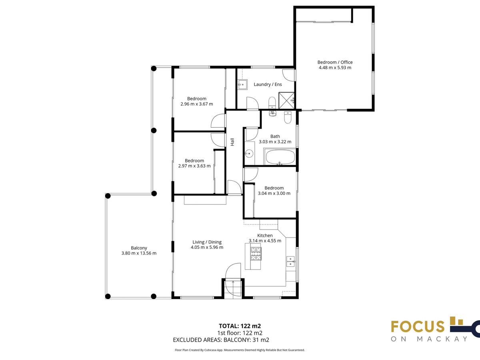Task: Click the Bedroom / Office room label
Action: click(335, 62)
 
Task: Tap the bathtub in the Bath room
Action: click(280, 157)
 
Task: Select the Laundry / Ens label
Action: click(268, 84)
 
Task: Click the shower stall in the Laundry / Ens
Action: click(286, 100)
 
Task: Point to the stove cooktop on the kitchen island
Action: click(256, 254)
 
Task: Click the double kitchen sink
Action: click(290, 262)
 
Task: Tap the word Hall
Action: click(232, 142)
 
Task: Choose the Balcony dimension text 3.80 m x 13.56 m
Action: click(139, 253)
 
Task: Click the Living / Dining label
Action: click(207, 242)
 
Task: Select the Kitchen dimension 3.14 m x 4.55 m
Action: click(265, 241)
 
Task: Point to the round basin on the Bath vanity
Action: click(249, 154)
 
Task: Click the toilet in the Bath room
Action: click(288, 117)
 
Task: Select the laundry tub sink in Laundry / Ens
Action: click(242, 84)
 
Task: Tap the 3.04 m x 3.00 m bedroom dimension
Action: click(274, 193)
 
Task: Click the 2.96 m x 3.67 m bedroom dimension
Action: click(196, 104)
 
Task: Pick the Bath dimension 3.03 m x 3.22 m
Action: click(275, 142)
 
